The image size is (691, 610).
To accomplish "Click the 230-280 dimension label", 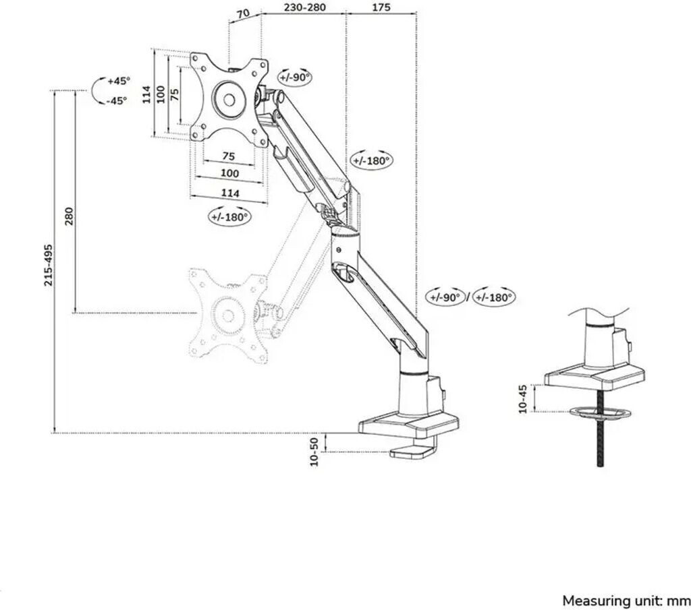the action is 305,7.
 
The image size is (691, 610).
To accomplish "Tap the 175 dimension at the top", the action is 381,7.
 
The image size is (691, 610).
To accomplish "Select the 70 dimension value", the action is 243,13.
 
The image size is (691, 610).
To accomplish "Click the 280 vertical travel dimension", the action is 70,216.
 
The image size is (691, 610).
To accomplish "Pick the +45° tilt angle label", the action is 119,81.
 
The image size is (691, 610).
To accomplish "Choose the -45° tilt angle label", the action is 116,101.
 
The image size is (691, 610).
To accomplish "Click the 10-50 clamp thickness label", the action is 314,452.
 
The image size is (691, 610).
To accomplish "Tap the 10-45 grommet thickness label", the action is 523,399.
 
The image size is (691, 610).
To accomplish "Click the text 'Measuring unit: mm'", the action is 626,601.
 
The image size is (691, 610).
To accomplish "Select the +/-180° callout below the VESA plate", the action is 229,216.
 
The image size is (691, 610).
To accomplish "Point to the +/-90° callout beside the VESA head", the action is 295,78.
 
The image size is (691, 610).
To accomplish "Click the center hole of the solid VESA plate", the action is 229,100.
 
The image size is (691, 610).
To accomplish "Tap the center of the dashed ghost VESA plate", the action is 228,315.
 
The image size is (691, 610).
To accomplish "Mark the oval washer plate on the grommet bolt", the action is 600,413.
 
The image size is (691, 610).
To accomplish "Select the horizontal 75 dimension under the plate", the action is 229,156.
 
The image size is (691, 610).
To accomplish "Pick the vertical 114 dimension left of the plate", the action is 146,94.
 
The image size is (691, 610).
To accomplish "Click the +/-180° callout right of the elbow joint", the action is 372,160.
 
